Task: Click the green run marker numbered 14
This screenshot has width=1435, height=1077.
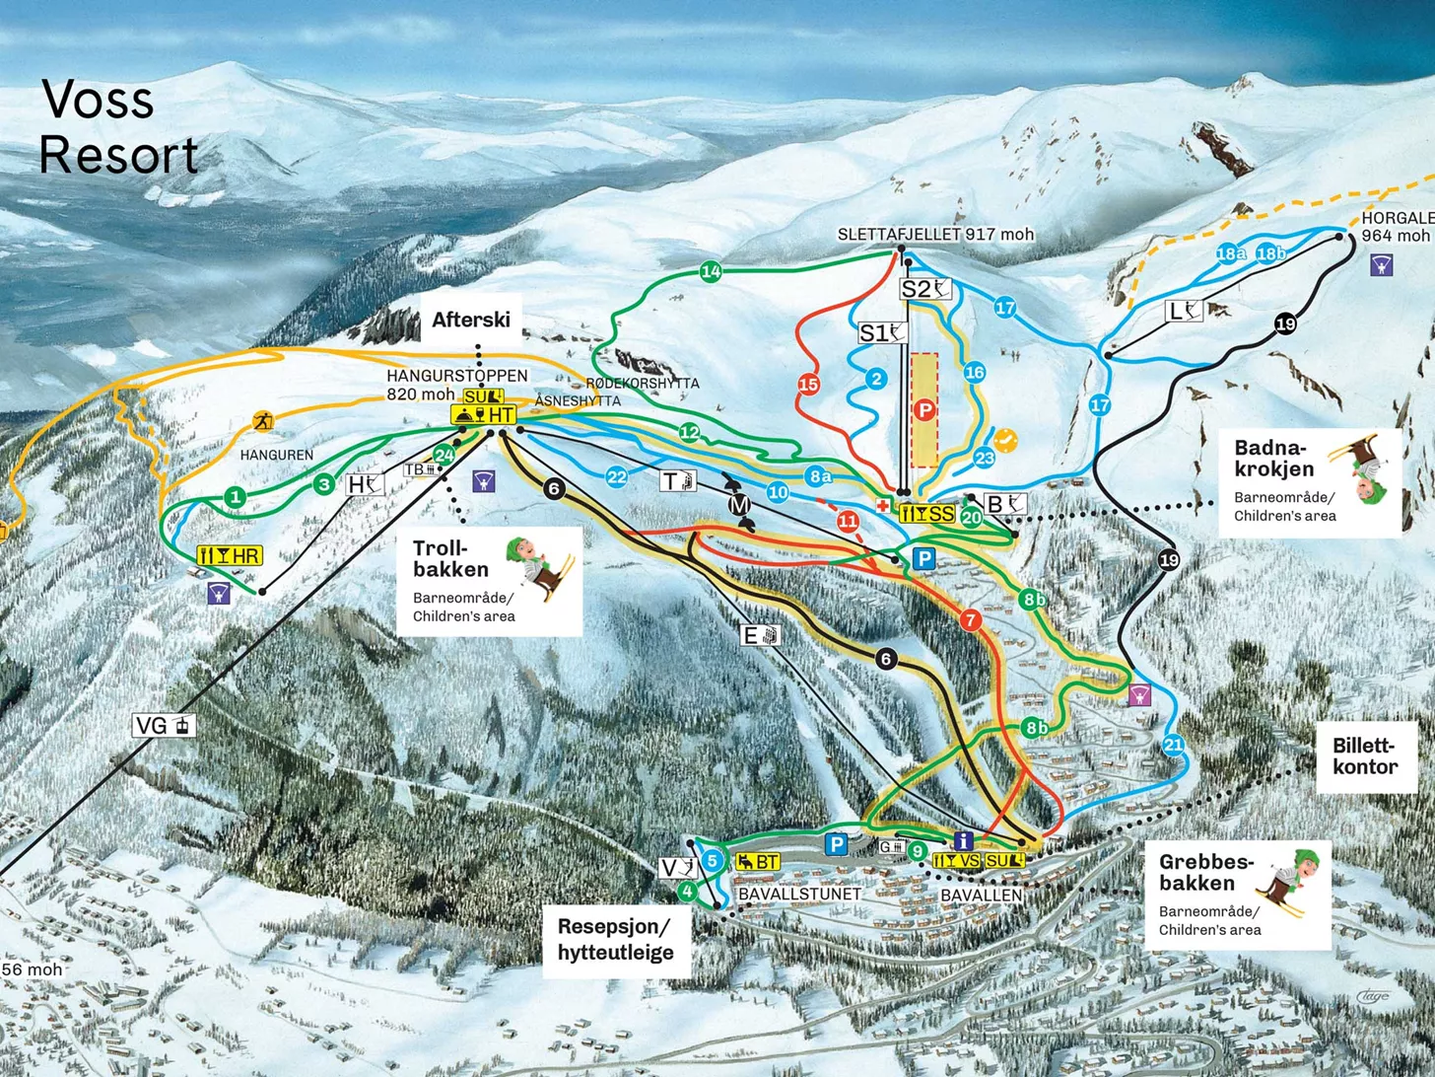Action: (x=711, y=272)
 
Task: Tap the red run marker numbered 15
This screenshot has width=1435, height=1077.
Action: (x=808, y=384)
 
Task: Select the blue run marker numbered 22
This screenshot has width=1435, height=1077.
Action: (x=616, y=477)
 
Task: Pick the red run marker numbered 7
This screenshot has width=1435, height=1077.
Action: (x=970, y=619)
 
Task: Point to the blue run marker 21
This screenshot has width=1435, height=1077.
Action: (x=1173, y=745)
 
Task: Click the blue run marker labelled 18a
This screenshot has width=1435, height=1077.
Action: (x=1230, y=254)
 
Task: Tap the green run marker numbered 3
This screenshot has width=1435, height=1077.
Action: (x=324, y=484)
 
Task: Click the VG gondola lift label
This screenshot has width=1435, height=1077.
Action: (x=164, y=726)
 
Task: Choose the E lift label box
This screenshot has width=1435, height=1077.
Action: (x=760, y=635)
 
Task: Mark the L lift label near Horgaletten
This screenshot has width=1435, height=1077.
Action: (x=1184, y=312)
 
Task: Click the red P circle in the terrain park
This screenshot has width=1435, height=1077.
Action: (x=923, y=409)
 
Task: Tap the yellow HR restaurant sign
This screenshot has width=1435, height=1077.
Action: (x=230, y=556)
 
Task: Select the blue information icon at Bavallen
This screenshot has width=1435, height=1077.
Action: (x=964, y=840)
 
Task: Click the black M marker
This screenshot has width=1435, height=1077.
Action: (x=739, y=505)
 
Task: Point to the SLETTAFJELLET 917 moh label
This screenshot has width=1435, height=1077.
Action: (x=935, y=235)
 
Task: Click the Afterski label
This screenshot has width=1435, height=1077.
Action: (x=471, y=320)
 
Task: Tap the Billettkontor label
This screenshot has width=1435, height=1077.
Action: (x=1365, y=756)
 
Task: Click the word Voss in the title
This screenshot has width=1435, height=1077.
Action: (x=98, y=100)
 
